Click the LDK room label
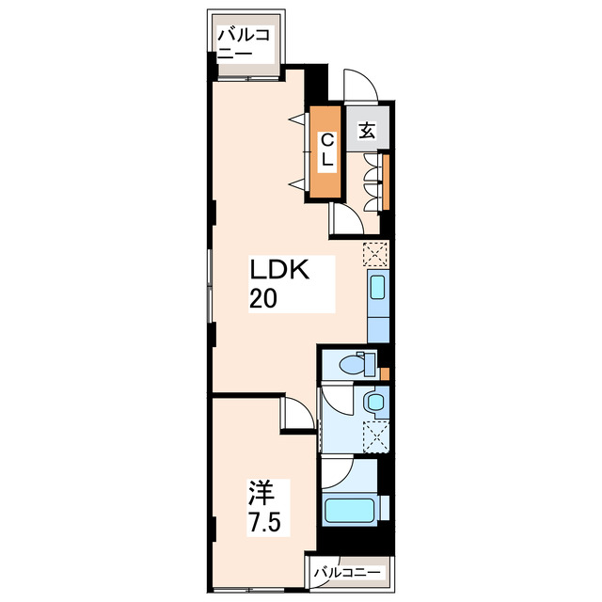279,270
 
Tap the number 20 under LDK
263,298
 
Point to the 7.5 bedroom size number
265,521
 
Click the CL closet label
327,150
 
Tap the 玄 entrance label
367,130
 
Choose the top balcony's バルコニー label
245,43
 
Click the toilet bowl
351,363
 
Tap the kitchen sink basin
378,287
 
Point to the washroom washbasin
375,403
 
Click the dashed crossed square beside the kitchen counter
375,254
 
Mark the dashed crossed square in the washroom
376,436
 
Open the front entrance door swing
361,85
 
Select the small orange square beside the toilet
385,373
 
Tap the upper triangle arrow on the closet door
299,119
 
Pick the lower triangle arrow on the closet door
299,185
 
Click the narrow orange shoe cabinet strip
386,182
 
